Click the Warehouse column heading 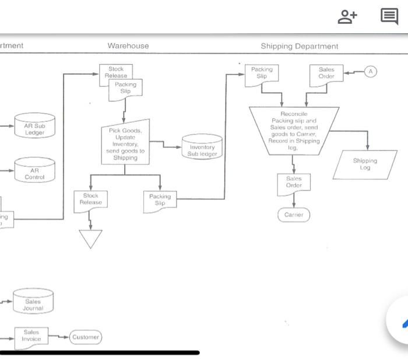point(128,45)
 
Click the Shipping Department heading point(299,46)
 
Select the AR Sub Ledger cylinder point(34,128)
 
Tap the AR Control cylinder point(34,172)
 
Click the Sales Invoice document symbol point(31,336)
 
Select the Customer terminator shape point(86,337)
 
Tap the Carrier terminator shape point(294,215)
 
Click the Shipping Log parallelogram point(365,164)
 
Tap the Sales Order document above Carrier point(294,183)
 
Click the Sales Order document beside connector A point(326,73)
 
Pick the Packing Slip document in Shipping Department point(262,73)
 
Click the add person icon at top point(347,16)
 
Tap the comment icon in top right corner point(389,16)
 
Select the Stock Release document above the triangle point(90,200)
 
